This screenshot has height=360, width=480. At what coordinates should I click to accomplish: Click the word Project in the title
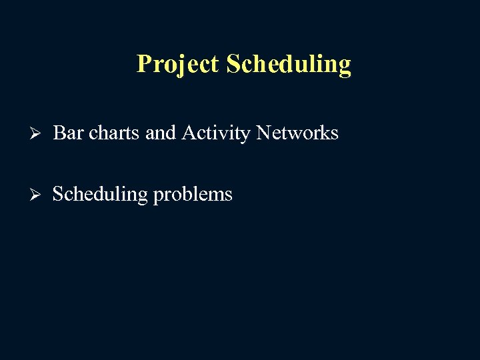(177, 64)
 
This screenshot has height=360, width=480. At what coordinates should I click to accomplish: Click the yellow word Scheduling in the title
(288, 64)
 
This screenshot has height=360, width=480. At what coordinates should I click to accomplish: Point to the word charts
(114, 133)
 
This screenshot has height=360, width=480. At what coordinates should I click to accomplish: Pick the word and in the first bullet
(160, 133)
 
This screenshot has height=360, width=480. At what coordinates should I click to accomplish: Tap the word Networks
(297, 133)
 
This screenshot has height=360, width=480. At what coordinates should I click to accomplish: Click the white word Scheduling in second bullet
(100, 195)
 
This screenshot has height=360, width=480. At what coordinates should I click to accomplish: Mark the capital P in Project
(143, 64)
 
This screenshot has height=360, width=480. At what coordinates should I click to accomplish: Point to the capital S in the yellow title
(233, 64)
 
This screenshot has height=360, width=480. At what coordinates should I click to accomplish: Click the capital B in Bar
(59, 133)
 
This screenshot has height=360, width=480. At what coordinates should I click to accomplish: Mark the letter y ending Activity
(246, 136)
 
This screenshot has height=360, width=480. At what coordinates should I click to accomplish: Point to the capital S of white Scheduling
(58, 195)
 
